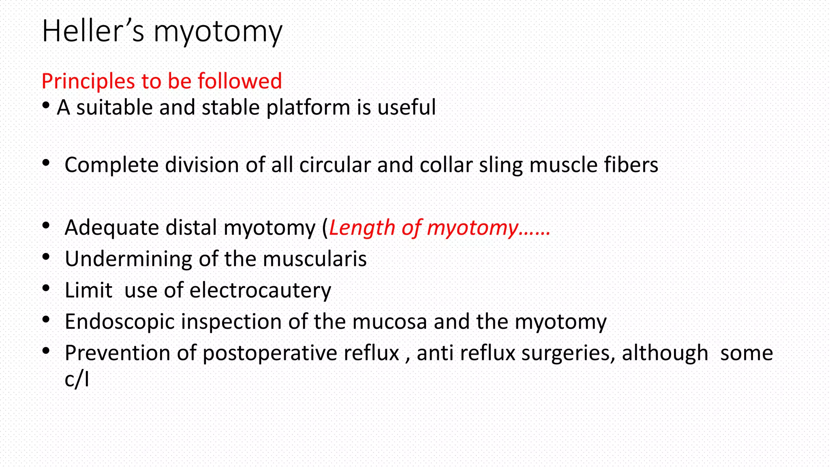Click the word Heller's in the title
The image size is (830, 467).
coord(93,31)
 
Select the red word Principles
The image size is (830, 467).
coord(88,81)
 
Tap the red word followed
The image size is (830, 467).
coord(240,81)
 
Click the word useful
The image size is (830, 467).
coord(406,107)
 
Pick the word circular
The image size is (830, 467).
coord(335,165)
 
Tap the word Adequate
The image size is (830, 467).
coord(112,228)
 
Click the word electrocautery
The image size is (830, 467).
coord(260,291)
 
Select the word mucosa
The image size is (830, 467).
coord(389,322)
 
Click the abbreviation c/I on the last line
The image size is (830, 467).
coord(77,379)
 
